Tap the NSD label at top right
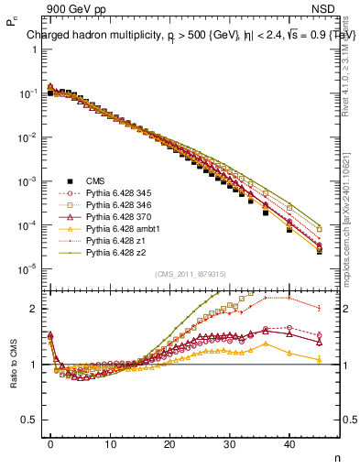point(335,8)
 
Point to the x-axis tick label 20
point(169,443)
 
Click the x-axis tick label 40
point(289,443)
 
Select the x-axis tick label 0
point(50,443)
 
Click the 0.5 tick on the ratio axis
point(34,420)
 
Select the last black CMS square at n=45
point(319,250)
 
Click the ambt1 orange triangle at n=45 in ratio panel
point(319,360)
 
